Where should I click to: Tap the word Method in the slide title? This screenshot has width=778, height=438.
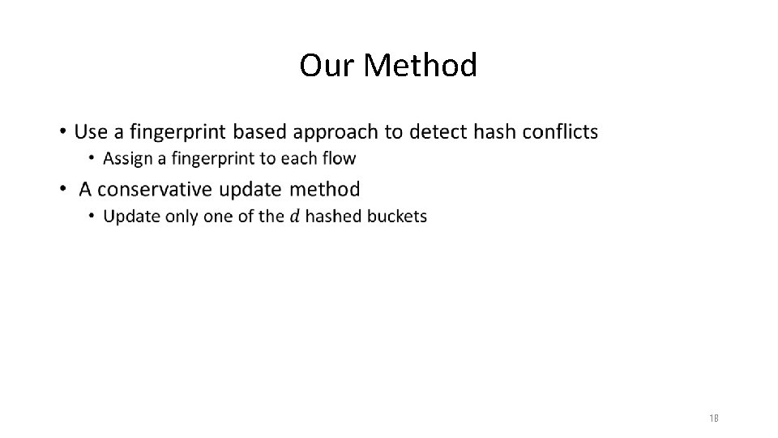pos(421,66)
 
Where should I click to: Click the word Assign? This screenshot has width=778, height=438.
pos(127,157)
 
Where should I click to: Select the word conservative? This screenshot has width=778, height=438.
pos(161,190)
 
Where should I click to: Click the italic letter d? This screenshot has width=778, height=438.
pos(294,216)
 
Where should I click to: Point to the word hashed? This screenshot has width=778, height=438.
pos(332,216)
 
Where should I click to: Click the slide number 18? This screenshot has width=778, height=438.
pos(714,419)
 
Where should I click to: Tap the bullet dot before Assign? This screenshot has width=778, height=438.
pos(92,157)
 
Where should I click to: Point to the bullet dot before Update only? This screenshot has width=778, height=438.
pos(92,216)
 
